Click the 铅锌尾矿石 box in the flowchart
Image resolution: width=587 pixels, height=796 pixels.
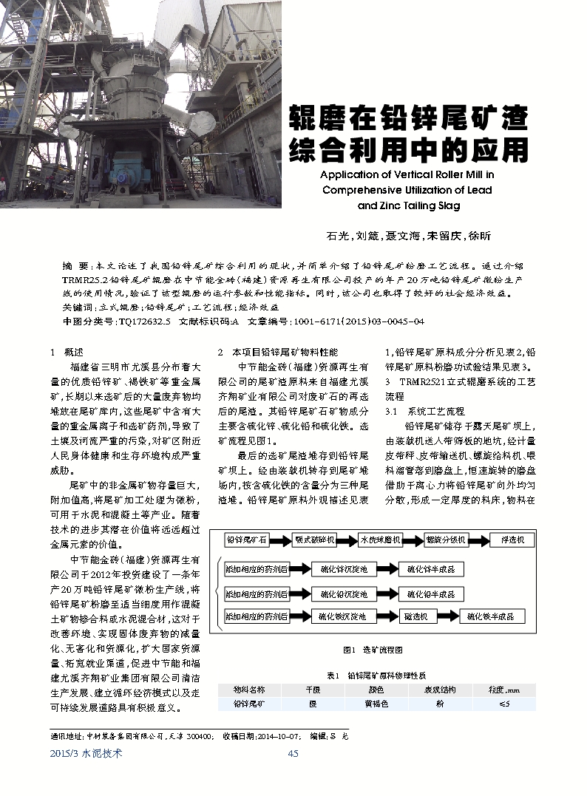click(x=246, y=540)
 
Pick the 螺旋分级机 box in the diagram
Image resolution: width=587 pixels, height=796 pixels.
click(x=446, y=540)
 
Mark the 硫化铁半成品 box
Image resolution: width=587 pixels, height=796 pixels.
click(x=492, y=616)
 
